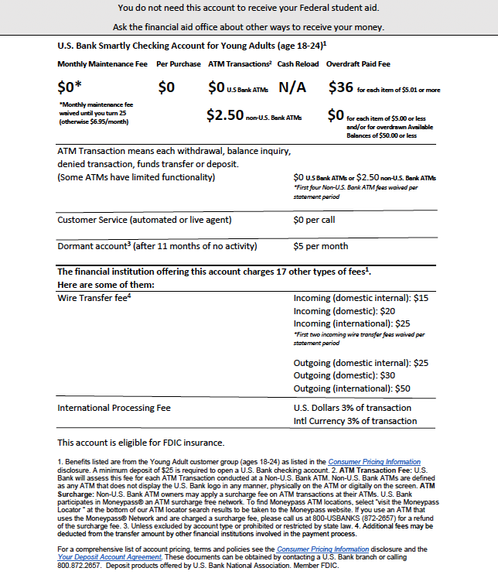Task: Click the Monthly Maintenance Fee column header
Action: (102, 63)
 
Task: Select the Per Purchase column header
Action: (179, 63)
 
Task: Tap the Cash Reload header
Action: (298, 63)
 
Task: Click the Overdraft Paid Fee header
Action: (358, 63)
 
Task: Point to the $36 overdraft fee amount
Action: (341, 87)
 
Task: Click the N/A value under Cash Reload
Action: (292, 87)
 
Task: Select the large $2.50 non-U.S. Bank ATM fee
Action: (223, 115)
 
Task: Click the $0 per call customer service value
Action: (314, 220)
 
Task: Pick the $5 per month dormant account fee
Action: (321, 246)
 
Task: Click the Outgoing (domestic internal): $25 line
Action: (361, 363)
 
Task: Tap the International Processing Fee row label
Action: (114, 408)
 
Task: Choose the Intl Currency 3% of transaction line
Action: (355, 421)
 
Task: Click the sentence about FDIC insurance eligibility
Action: (141, 443)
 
